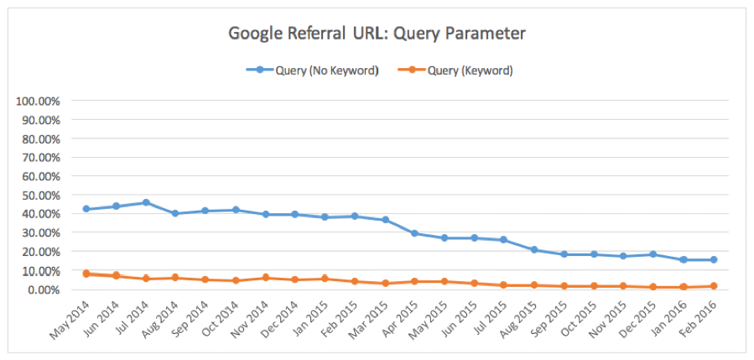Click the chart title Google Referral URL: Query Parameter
click(377, 34)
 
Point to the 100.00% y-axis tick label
click(38, 101)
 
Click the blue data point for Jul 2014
click(146, 202)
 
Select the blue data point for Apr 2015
click(413, 233)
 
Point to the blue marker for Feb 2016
click(713, 259)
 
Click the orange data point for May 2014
click(86, 274)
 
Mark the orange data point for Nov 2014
click(265, 277)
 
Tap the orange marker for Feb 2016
click(713, 286)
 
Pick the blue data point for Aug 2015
click(533, 249)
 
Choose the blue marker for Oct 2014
click(236, 210)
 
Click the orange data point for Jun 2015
click(474, 283)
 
